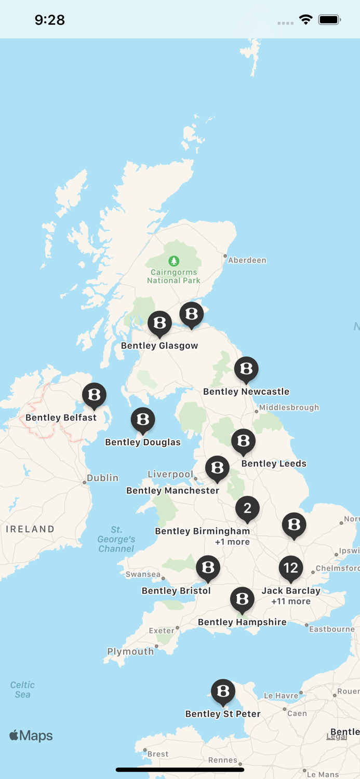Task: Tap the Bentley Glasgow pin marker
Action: [159, 323]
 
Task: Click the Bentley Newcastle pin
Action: [246, 369]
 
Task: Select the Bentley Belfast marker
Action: [94, 395]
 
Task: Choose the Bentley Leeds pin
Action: [243, 441]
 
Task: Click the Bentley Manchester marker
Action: [217, 468]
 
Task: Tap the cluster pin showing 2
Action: [247, 508]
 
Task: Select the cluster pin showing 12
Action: [291, 568]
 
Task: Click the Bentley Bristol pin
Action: [208, 567]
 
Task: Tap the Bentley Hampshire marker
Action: [242, 599]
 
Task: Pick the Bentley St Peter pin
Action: [223, 691]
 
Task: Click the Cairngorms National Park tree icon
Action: [174, 261]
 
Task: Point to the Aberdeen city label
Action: [247, 260]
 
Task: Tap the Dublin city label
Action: [102, 478]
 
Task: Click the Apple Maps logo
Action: [31, 735]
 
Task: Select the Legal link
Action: [336, 736]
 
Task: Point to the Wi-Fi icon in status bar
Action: [306, 20]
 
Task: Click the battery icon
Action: [329, 20]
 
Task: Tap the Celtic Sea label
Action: [22, 690]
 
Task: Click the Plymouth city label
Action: [130, 651]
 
